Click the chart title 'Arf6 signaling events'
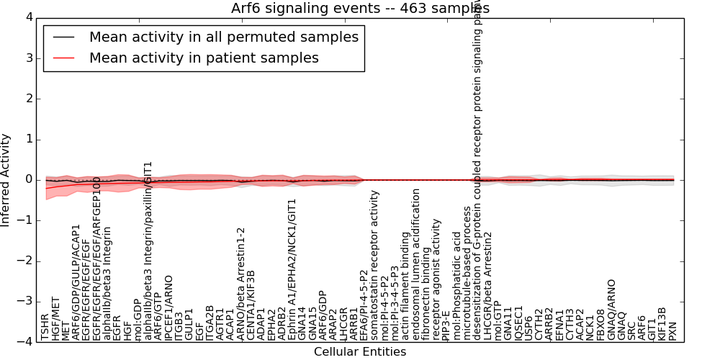point(360,9)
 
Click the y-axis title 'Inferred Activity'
point(6,180)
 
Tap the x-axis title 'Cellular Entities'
point(360,352)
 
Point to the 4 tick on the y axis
point(29,17)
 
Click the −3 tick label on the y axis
point(26,302)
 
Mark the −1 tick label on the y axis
point(26,220)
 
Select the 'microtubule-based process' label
point(467,274)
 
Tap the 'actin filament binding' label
point(405,281)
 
